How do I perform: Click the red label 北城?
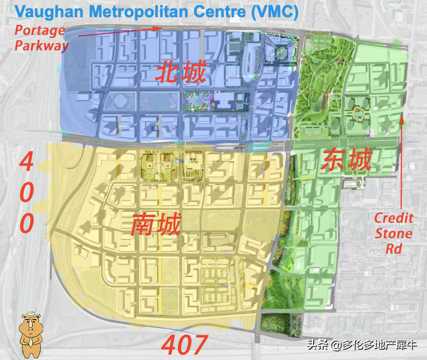(x=181, y=72)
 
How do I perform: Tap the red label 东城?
(x=346, y=161)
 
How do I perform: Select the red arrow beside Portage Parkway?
(x=119, y=32)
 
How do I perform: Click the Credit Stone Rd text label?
(x=394, y=233)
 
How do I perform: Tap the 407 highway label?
(x=185, y=345)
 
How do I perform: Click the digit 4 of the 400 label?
(x=27, y=162)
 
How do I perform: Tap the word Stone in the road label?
(x=394, y=234)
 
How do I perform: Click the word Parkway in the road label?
(x=42, y=45)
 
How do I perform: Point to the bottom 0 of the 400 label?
(x=27, y=221)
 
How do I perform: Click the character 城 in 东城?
(x=359, y=161)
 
